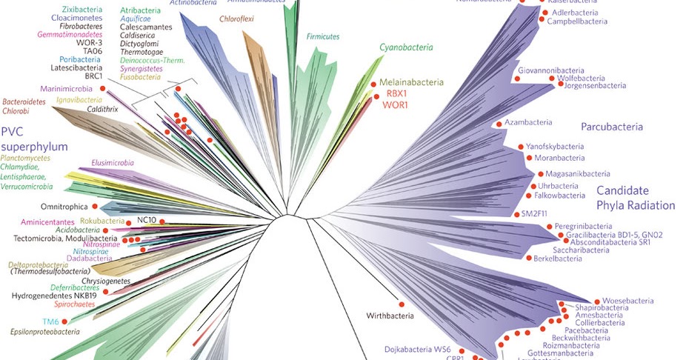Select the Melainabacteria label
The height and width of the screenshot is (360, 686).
pos(411,82)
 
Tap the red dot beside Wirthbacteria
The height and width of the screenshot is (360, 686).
pos(403,304)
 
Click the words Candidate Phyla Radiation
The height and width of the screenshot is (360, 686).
pos(636,198)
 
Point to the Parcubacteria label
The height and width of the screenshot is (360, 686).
pos(611,127)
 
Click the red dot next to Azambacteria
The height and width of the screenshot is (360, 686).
pos(499,123)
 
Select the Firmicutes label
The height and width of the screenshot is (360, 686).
pos(323,36)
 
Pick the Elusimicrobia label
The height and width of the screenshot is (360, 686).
pos(113,162)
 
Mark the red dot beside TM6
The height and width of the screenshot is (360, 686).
pos(65,321)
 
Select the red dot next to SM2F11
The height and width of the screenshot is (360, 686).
pos(516,213)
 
